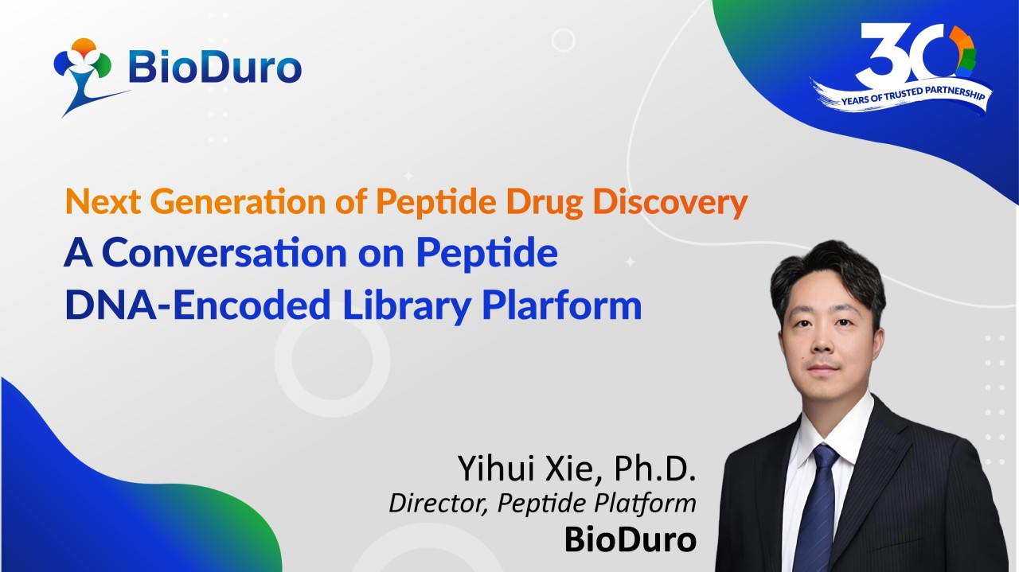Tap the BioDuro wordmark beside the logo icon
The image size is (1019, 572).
click(215, 68)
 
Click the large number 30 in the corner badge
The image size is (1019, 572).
click(915, 53)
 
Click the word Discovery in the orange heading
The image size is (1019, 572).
click(670, 202)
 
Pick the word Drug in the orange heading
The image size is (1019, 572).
click(544, 202)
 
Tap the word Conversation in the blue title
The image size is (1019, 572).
click(224, 252)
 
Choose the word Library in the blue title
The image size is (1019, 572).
click(407, 305)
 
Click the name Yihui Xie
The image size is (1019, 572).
click(527, 468)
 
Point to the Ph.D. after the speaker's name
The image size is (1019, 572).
click(655, 468)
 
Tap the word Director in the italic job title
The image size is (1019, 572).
click(439, 504)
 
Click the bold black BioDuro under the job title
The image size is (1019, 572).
click(631, 539)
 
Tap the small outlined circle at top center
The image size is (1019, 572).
click(563, 40)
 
